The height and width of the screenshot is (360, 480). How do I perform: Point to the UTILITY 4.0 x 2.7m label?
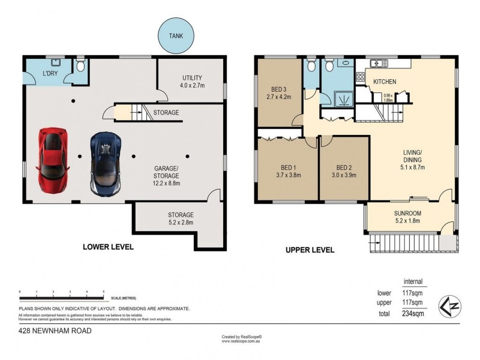[192, 82]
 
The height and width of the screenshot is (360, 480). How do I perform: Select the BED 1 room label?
[286, 172]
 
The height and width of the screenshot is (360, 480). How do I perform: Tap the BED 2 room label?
[343, 172]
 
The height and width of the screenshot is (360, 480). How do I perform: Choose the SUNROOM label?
[407, 217]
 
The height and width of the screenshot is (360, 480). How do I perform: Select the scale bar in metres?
[62, 298]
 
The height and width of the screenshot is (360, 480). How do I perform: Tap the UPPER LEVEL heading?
[310, 250]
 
